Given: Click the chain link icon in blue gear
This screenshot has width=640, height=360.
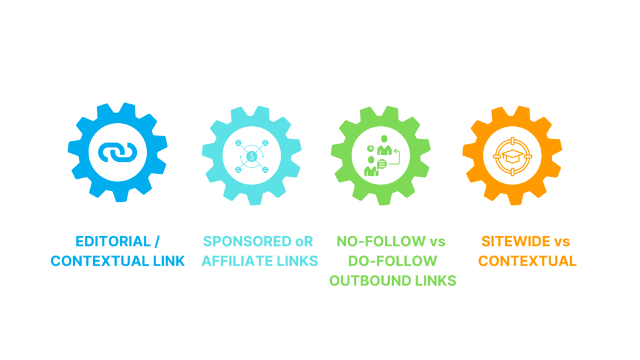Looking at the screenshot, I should pyautogui.click(x=117, y=152).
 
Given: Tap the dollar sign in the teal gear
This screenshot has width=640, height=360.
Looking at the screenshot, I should pyautogui.click(x=251, y=156).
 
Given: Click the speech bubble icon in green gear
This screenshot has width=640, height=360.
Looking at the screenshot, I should pyautogui.click(x=382, y=164).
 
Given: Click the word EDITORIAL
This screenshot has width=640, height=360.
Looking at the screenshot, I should pyautogui.click(x=104, y=241).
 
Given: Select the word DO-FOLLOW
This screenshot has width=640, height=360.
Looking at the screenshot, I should pyautogui.click(x=392, y=261).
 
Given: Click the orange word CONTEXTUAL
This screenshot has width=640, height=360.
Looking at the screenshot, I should pyautogui.click(x=527, y=261).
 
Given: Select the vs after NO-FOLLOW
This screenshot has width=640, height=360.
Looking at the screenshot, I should pyautogui.click(x=435, y=241).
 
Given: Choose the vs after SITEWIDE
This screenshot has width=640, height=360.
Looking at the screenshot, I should pyautogui.click(x=561, y=241).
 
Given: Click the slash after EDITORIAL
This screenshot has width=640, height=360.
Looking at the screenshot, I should pyautogui.click(x=157, y=241).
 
